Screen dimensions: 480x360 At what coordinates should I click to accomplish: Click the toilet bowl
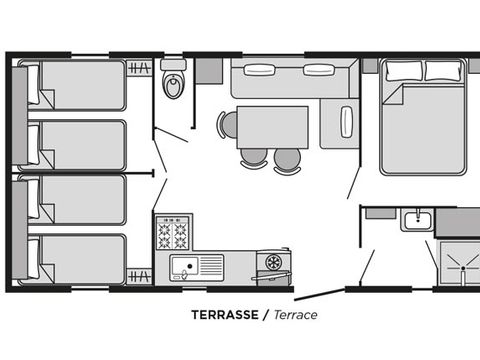[173, 85]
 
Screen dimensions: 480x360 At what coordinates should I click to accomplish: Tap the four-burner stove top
[173, 233]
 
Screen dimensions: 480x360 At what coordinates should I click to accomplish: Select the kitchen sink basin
[184, 266]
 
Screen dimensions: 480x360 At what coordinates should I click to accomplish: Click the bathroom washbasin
[418, 220]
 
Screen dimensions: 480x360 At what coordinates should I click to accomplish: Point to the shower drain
[463, 268]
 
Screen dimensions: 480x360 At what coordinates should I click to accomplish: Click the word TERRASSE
[225, 315]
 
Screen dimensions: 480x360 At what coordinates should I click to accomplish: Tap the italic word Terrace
[296, 315]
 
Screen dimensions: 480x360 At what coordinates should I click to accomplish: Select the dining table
[272, 127]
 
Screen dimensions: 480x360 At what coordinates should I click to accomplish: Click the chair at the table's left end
[227, 125]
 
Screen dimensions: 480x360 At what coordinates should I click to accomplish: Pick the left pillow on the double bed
[404, 71]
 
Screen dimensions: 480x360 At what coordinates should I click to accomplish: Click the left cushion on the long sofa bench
[260, 70]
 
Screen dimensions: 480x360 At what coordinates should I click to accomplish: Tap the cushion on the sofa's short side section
[347, 121]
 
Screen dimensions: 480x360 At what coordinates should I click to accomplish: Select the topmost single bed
[77, 85]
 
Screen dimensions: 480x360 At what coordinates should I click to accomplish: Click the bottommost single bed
[77, 260]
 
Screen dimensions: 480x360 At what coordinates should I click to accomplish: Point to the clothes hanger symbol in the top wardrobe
[139, 68]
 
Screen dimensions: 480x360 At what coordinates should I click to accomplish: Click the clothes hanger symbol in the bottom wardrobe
[139, 277]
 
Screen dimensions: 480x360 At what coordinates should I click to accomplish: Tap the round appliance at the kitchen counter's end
[273, 262]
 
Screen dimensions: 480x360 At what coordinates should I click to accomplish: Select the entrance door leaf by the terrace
[319, 295]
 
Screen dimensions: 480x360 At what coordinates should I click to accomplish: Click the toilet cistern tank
[173, 65]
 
